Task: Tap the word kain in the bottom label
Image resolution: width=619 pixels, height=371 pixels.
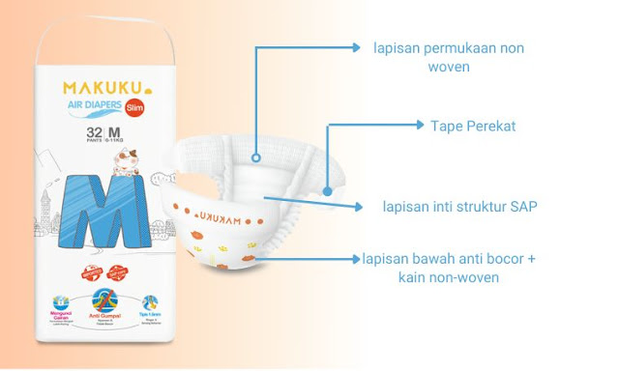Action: [411, 278]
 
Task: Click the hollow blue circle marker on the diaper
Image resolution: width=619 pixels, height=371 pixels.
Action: [255, 155]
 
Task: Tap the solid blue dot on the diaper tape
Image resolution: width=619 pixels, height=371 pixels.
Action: [328, 191]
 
